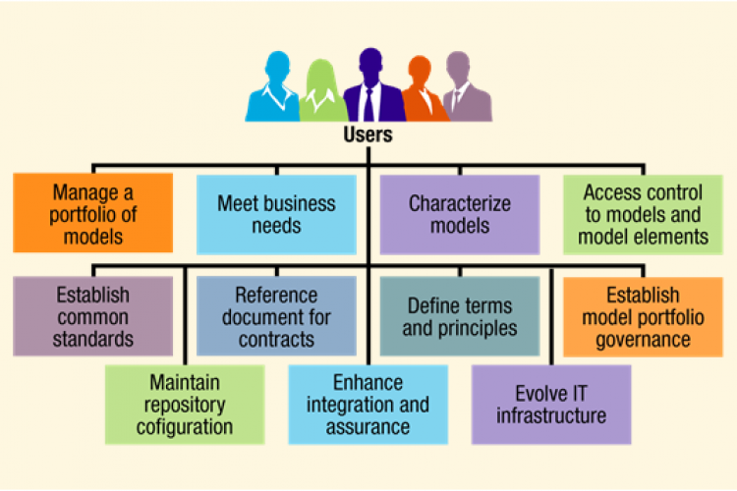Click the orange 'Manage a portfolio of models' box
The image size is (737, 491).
point(93,212)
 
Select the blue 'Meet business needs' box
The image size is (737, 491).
point(276,214)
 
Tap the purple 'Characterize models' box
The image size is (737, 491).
point(459,214)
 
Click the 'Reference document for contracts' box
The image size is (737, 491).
point(276,315)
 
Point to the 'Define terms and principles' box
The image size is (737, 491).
point(459,315)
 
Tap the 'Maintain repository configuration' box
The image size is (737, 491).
point(185,403)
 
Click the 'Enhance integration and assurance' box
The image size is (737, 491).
point(368,403)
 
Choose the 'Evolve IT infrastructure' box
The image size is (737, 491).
point(550,403)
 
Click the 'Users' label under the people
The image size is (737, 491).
point(368,135)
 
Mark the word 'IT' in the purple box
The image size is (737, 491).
point(581,393)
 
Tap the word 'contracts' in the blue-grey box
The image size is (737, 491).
point(276,339)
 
